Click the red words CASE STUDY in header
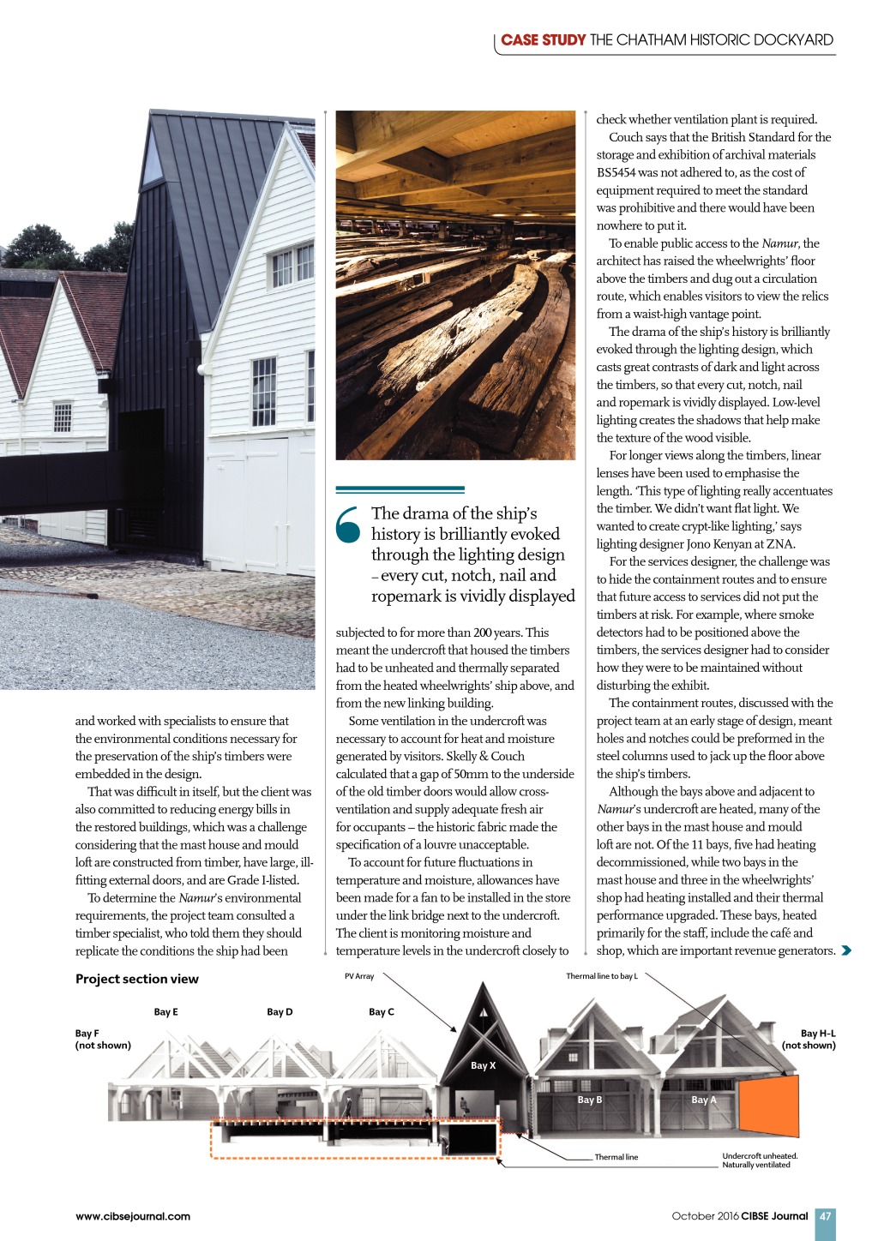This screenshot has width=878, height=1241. (x=544, y=39)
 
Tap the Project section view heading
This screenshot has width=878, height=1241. (x=137, y=979)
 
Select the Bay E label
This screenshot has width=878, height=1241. (x=165, y=1012)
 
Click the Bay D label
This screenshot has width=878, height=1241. (x=280, y=1012)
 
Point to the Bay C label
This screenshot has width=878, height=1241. (x=381, y=1012)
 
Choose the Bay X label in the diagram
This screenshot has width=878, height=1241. (x=483, y=1065)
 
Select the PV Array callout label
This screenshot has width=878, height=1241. (x=359, y=976)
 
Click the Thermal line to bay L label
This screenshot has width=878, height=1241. (x=601, y=976)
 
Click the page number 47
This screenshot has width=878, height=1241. (x=825, y=1216)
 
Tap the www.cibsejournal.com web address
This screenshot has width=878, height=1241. (x=133, y=1216)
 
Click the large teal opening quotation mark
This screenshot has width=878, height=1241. (x=349, y=525)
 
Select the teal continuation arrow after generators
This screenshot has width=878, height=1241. (x=847, y=950)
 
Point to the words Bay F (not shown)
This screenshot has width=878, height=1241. (x=103, y=1039)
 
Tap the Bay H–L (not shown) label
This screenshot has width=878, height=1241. (x=809, y=1039)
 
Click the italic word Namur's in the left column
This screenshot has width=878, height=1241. (x=196, y=898)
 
